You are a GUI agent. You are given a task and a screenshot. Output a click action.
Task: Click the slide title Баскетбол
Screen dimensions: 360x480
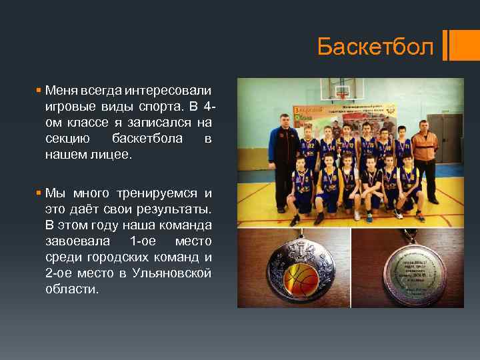(x=375, y=47)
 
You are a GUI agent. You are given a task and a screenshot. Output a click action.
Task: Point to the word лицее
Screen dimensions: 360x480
(x=115, y=154)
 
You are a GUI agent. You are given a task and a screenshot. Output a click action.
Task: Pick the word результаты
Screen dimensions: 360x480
(x=179, y=209)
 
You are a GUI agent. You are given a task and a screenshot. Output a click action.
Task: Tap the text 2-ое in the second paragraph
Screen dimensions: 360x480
(x=59, y=273)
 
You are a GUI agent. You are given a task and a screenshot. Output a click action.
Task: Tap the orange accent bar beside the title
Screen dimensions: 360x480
(x=453, y=46)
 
